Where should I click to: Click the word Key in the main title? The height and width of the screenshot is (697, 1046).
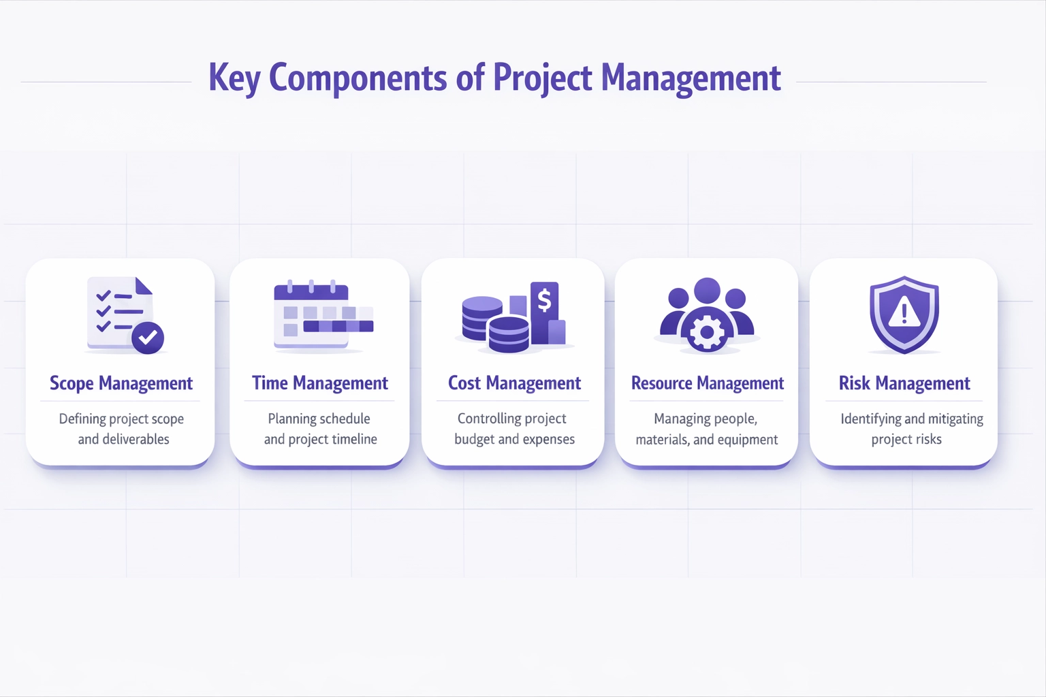click(x=234, y=78)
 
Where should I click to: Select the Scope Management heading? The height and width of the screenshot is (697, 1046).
click(x=121, y=383)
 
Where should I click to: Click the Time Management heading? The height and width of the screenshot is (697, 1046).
click(x=320, y=383)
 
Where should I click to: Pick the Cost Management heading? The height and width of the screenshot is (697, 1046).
click(x=514, y=383)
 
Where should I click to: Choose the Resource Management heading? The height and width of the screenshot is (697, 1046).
click(x=707, y=383)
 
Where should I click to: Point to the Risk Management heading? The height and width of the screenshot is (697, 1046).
click(x=904, y=383)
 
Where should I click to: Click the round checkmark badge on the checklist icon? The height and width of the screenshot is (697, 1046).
click(x=148, y=338)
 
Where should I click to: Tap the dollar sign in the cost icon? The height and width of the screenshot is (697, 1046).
click(x=545, y=300)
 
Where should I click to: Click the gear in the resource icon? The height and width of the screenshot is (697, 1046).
click(x=706, y=332)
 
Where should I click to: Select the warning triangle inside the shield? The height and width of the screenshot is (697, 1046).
click(x=904, y=312)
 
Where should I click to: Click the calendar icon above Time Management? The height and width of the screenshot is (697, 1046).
click(x=323, y=314)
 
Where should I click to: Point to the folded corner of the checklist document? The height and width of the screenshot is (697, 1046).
click(x=144, y=286)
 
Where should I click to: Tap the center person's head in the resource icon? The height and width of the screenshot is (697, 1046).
click(x=707, y=291)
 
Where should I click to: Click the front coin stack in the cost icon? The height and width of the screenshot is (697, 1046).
click(x=509, y=334)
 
